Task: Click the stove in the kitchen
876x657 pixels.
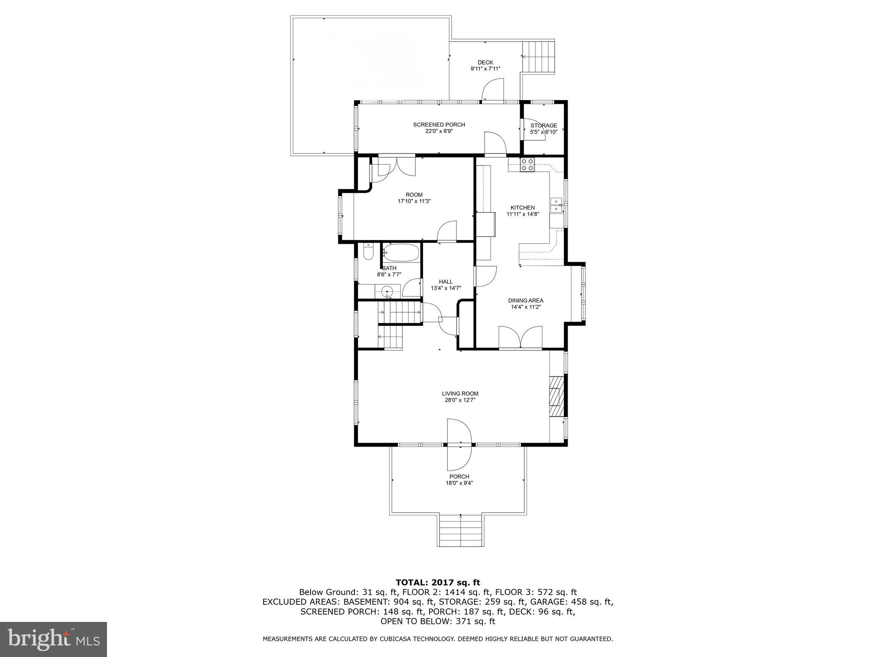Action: tap(527, 165)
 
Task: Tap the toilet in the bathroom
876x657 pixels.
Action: tap(368, 252)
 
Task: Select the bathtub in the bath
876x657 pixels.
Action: tap(401, 253)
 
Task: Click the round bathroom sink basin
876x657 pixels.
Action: tap(387, 292)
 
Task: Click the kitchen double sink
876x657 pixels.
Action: tap(556, 205)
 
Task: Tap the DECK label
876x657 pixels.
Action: tap(485, 62)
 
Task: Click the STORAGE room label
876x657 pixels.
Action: tap(544, 125)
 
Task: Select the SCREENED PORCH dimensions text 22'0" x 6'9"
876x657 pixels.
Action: tap(439, 131)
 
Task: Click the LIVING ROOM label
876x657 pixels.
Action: tap(460, 394)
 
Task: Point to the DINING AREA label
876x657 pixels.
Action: tap(526, 300)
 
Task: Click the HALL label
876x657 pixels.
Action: tap(446, 281)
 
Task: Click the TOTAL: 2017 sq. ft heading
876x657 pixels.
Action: tap(438, 582)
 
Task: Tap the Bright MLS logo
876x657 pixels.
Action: tap(53, 639)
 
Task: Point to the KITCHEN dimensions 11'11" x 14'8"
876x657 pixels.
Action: tap(523, 214)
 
